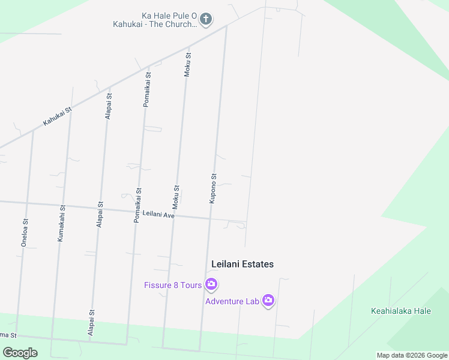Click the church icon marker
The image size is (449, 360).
coord(205,19)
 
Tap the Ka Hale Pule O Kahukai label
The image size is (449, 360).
coord(155,20)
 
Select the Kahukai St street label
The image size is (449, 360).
coord(57,116)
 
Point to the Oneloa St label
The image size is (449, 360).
coord(25,233)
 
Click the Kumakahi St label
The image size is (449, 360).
coord(61,224)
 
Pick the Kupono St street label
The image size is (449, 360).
coord(212,188)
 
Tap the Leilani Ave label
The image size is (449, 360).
coord(158,213)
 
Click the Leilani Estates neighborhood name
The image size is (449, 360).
coord(243,264)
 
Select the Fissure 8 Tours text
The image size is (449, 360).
coord(173,285)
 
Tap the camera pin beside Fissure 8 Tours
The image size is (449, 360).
coord(211,284)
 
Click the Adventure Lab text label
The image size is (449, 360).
coord(232,301)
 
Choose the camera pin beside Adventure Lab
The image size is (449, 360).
coord(268,300)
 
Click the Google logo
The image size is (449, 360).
coord(20,353)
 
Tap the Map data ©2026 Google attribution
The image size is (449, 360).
coord(412,355)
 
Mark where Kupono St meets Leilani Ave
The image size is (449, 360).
coord(210,218)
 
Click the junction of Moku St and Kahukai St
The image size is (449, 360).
coord(189,47)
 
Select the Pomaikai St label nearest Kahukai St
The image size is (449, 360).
coord(147,89)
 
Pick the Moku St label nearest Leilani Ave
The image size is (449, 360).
coord(176,197)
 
